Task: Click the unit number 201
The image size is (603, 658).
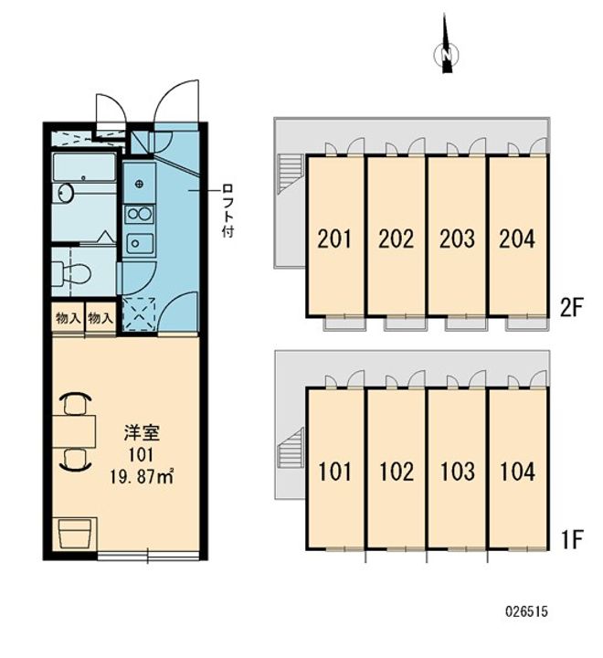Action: coord(334,239)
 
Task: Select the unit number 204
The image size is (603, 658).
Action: coord(516,239)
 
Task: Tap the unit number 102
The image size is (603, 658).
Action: coord(396,472)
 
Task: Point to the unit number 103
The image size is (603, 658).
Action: coord(456,472)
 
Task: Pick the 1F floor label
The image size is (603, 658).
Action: coord(572,538)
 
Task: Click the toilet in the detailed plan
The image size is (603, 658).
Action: coord(73,272)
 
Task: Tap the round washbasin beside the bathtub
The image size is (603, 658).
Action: coord(65,194)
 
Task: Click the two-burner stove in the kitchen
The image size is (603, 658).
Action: coord(138,215)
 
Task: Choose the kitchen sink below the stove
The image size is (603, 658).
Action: coord(138,243)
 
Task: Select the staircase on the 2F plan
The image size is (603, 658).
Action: coord(290,171)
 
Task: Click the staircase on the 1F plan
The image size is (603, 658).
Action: coord(290,450)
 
